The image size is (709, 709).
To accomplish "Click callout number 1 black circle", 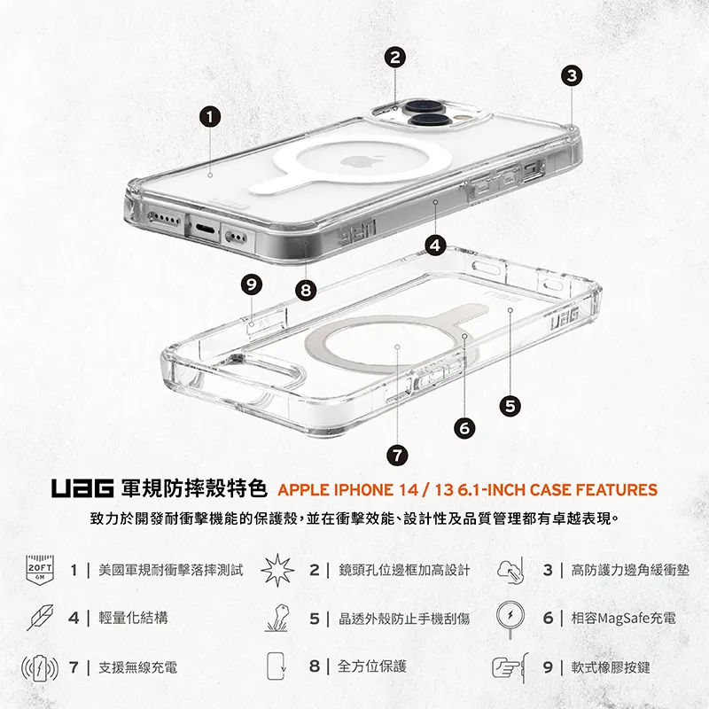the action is (209, 116).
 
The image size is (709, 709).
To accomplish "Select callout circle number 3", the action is (573, 75).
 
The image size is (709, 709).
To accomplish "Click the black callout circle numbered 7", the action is (397, 455).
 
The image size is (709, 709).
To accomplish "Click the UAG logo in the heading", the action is (82, 489).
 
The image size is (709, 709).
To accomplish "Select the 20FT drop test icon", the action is (40, 570).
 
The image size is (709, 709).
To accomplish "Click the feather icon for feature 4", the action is (40, 618).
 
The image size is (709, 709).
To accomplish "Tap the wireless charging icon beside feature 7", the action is (40, 666).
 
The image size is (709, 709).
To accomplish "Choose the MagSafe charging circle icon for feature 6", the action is (512, 617).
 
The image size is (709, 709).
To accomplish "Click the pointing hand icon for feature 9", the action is (510, 666).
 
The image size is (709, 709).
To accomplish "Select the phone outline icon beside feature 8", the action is (278, 666).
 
